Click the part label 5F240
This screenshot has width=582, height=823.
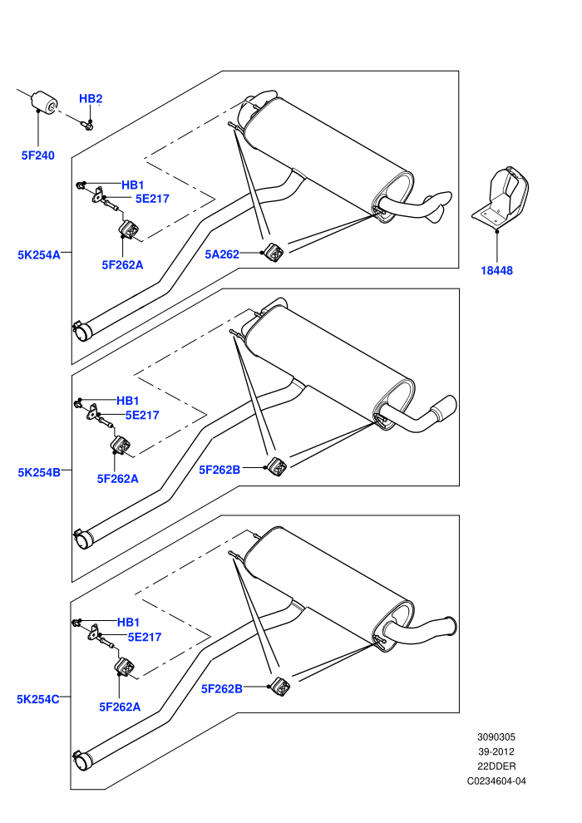click(x=37, y=155)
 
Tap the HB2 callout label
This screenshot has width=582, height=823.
click(x=91, y=99)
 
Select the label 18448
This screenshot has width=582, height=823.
click(x=496, y=271)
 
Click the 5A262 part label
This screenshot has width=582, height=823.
click(x=222, y=254)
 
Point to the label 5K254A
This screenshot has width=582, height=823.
click(x=39, y=255)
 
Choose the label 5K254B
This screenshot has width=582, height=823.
click(x=39, y=472)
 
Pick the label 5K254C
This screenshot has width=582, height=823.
click(x=37, y=699)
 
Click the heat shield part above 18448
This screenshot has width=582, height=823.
click(x=501, y=197)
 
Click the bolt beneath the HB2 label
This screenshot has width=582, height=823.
click(x=87, y=125)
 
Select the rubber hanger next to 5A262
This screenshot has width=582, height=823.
click(x=274, y=252)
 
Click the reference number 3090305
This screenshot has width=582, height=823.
click(x=496, y=737)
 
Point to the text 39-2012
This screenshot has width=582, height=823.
click(x=496, y=752)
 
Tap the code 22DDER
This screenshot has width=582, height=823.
click(x=496, y=766)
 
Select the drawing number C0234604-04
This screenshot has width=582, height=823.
click(x=496, y=781)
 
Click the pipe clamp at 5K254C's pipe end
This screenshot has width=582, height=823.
click(x=81, y=760)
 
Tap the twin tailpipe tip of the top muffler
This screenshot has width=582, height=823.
click(x=437, y=206)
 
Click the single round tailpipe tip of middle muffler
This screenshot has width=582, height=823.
click(x=444, y=407)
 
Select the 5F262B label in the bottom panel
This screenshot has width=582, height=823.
click(x=221, y=688)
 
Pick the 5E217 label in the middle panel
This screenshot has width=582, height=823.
click(x=142, y=415)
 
